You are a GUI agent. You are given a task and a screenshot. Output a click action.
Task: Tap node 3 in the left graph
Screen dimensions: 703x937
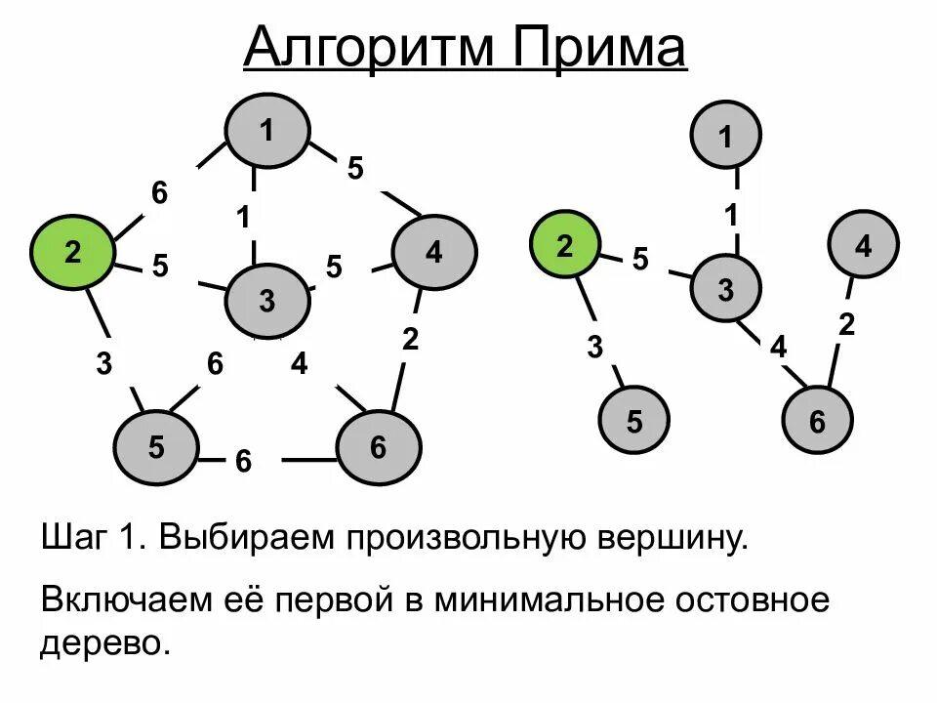267,301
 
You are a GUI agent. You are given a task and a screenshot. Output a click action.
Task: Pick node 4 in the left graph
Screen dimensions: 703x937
433,253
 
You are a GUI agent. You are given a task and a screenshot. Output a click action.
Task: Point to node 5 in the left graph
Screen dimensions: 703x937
156,447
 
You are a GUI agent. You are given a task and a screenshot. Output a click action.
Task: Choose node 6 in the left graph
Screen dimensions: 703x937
379,447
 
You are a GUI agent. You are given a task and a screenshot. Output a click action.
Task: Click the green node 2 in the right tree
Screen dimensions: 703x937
564,246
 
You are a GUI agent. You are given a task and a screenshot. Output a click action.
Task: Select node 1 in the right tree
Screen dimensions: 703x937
726,138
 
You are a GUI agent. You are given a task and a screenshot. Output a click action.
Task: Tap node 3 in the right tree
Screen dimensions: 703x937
726,289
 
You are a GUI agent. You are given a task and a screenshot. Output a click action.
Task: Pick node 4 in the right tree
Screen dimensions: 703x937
863,246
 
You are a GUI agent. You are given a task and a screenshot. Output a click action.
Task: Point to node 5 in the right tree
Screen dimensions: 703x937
634,422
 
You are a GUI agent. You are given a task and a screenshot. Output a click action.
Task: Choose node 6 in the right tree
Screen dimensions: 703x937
817,422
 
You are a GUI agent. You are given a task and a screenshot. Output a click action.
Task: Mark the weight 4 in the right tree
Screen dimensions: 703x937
778,347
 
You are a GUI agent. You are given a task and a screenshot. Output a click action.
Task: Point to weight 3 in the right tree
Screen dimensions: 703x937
594,347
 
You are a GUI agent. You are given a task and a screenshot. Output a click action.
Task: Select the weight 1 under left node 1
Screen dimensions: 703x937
244,216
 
